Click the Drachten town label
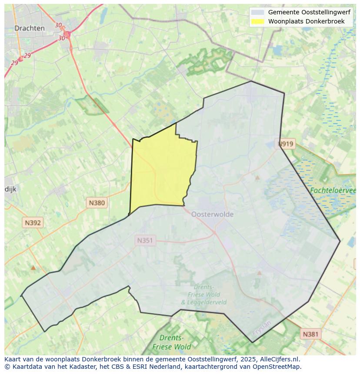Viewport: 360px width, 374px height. (x=29, y=28)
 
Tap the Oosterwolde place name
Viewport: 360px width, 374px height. (x=212, y=214)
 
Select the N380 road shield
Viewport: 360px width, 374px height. (x=97, y=202)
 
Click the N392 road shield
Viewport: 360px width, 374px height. (x=33, y=223)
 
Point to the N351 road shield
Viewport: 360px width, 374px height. (x=145, y=240)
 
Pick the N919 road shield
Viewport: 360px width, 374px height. (x=286, y=144)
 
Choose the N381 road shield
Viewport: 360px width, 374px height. (x=310, y=334)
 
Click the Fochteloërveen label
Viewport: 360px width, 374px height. (x=333, y=190)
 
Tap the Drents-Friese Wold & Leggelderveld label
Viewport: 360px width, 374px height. (x=203, y=295)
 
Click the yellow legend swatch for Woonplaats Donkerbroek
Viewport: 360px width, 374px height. (x=257, y=21)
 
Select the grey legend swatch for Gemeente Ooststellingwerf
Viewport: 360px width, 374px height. (x=257, y=13)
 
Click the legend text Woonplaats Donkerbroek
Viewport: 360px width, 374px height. (x=306, y=21)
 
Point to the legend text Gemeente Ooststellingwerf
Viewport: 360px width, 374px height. (x=309, y=13)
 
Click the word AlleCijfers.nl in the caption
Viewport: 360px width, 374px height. (x=280, y=359)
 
